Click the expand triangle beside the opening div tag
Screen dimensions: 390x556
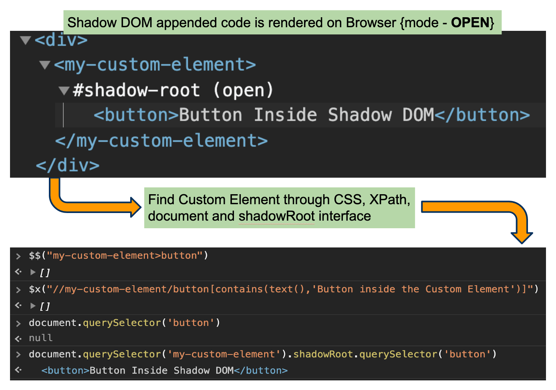point(26,40)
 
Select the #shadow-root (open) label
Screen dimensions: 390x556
point(173,90)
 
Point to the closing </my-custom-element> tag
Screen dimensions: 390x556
point(161,141)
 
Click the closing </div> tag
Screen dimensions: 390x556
point(68,165)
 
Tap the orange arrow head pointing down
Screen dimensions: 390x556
point(521,237)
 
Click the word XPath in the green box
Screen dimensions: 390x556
point(389,200)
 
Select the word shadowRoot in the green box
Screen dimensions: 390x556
point(276,216)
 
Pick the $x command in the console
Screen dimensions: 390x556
point(35,289)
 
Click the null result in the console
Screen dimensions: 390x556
point(41,338)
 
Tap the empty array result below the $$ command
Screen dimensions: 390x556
point(45,273)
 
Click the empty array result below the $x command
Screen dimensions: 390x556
point(45,306)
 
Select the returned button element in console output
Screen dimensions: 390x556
point(164,371)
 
